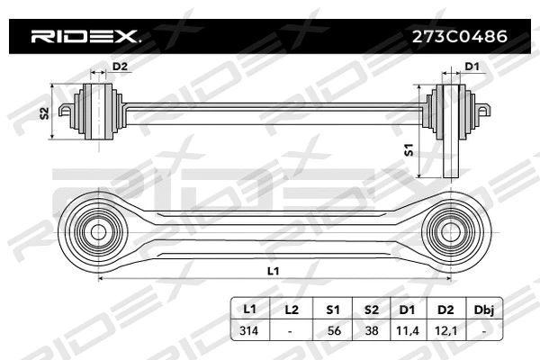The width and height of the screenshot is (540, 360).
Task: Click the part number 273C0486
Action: (x=456, y=37)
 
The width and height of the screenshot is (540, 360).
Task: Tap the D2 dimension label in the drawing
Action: (x=119, y=67)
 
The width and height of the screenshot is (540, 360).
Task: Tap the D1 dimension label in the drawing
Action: (x=472, y=67)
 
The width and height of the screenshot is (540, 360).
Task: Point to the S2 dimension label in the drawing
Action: (x=44, y=112)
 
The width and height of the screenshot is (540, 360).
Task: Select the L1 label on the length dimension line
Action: (x=274, y=270)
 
